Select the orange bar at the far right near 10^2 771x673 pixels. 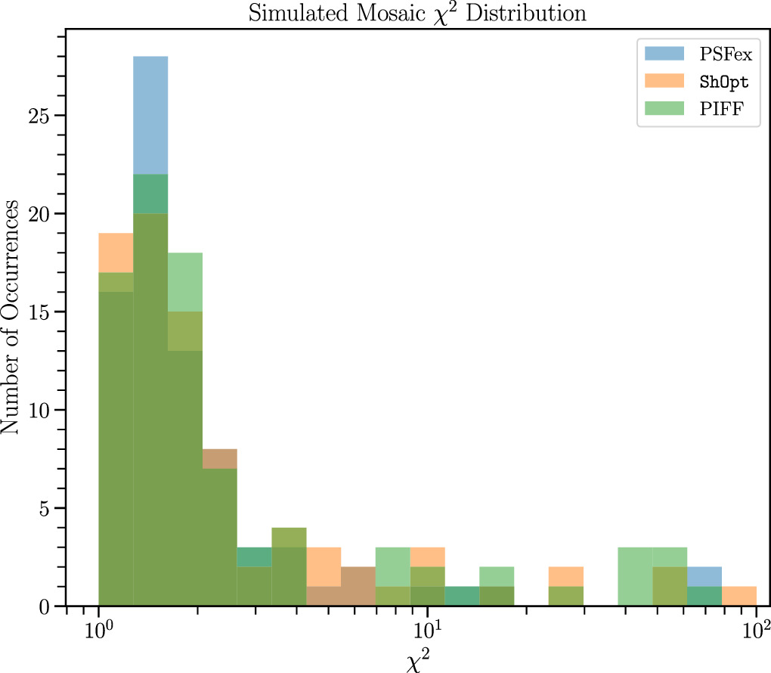[x=739, y=596]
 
